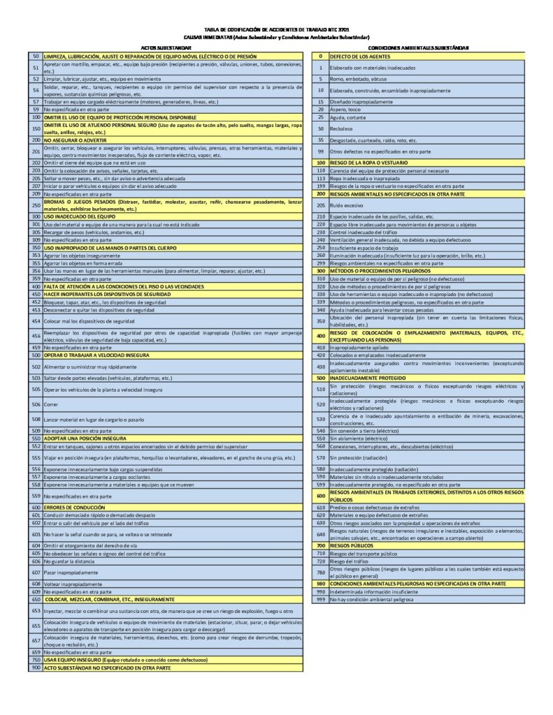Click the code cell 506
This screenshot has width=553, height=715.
pos(36,404)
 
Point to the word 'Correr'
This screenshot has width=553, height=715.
pos(51,404)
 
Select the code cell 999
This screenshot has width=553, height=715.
pos(321,599)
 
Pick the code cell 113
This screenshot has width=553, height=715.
pos(321,178)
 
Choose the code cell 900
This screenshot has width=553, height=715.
pos(36,668)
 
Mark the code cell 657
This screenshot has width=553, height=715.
pos(36,640)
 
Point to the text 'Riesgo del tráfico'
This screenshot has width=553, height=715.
pos(350,561)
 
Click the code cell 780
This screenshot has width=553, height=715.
pos(321,572)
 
